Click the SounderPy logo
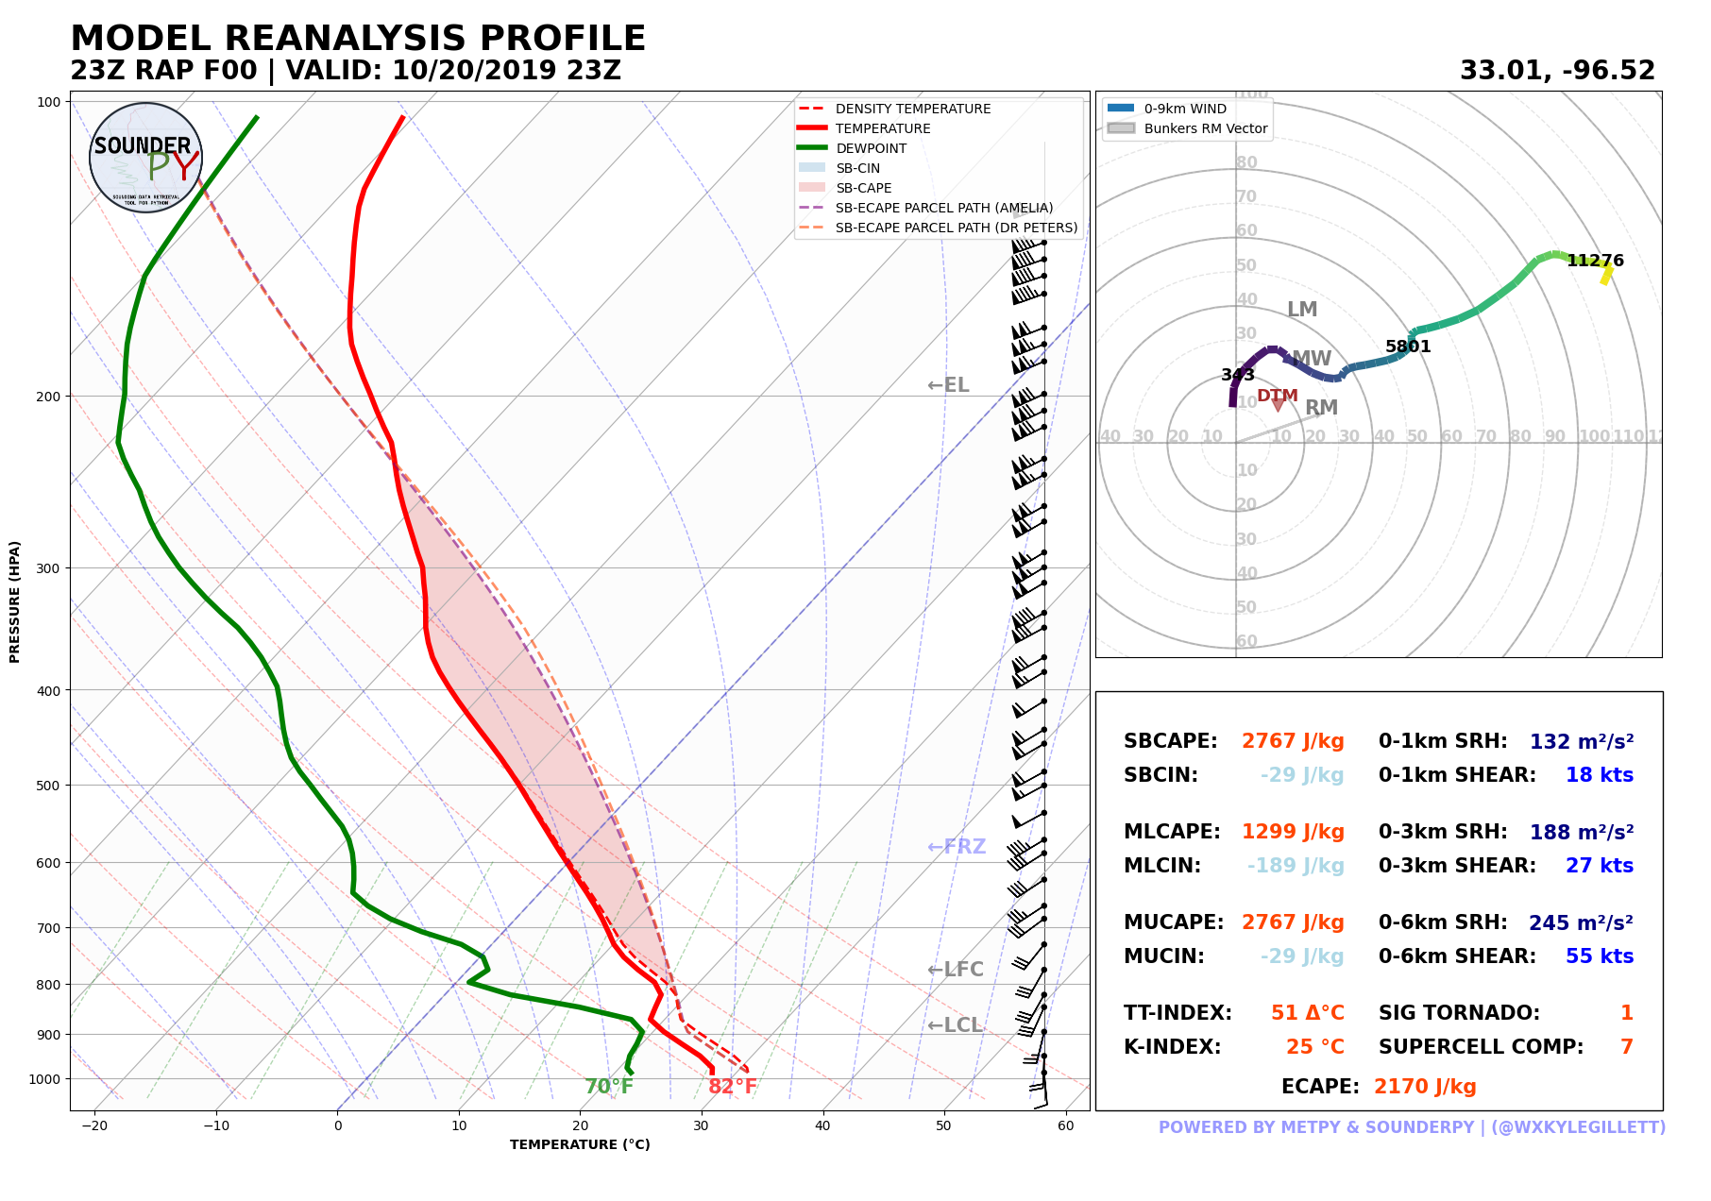tap(145, 158)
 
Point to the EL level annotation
tap(948, 385)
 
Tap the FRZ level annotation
tap(957, 847)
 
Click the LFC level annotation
tap(956, 970)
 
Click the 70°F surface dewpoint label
tap(609, 1087)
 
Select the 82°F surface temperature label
tap(733, 1087)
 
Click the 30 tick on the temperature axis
tap(702, 1125)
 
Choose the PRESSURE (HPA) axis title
tap(15, 601)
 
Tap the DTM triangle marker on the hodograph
tap(1278, 405)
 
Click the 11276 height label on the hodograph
tap(1595, 261)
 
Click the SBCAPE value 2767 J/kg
tap(1293, 741)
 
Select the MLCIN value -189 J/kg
tap(1296, 866)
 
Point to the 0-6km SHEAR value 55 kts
tap(1599, 956)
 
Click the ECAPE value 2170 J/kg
tap(1425, 1087)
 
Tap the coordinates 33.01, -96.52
tap(1557, 71)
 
